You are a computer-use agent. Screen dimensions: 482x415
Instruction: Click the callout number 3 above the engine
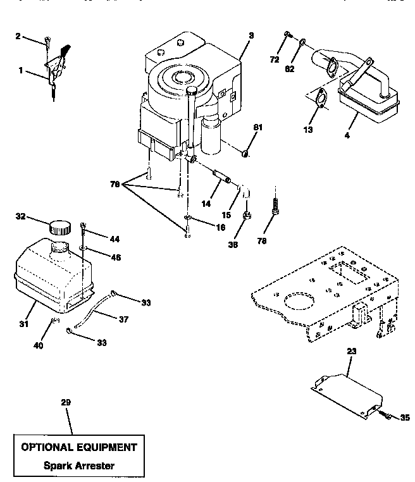click(251, 35)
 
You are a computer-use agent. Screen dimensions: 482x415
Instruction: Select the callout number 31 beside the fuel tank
click(23, 306)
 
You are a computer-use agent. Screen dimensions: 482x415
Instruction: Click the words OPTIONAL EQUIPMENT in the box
click(78, 447)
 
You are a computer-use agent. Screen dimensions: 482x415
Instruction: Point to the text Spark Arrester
click(79, 466)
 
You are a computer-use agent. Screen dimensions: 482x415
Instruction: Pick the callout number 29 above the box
click(65, 403)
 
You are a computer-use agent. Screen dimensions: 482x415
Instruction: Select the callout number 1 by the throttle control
click(22, 71)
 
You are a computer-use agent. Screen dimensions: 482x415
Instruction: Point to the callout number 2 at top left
click(18, 36)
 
